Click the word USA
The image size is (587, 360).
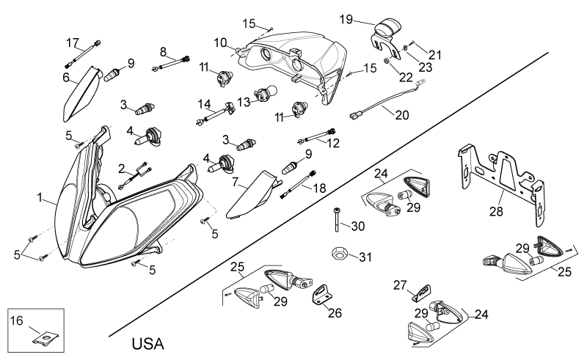[148, 344]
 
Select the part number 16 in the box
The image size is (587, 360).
[16, 320]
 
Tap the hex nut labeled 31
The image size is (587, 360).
[340, 254]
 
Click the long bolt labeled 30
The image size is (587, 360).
[337, 219]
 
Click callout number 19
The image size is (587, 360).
[346, 20]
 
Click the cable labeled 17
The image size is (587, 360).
[83, 54]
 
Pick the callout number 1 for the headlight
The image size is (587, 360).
[40, 197]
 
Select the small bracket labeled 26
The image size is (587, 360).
[322, 294]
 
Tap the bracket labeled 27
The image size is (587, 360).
[421, 293]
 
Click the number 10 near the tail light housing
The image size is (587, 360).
[221, 43]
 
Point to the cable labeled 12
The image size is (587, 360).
[316, 136]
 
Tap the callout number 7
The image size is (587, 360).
[235, 183]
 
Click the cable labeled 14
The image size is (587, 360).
[216, 113]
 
